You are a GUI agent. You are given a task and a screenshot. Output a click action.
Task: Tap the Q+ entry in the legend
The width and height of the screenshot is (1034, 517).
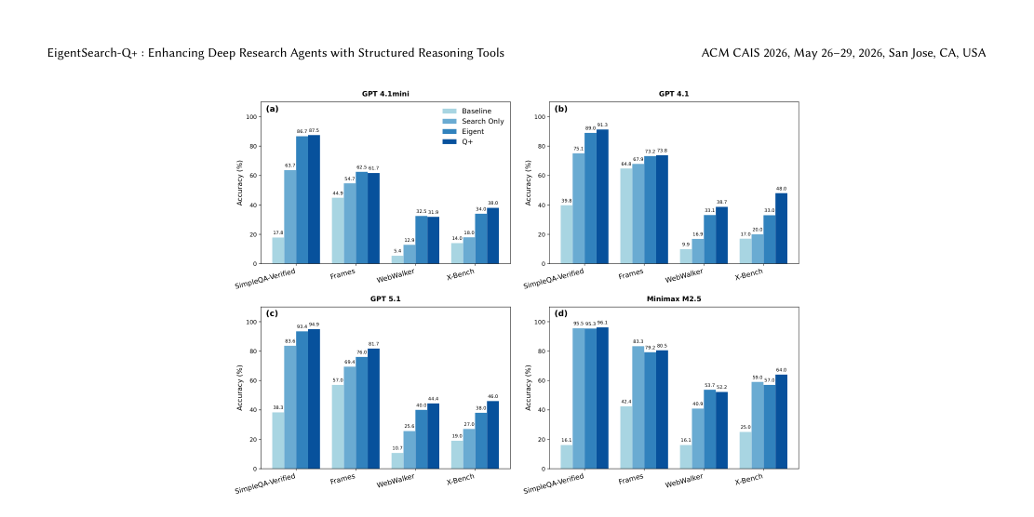[468, 141]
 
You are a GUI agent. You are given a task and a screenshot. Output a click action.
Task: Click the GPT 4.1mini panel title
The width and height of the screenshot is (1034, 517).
[387, 94]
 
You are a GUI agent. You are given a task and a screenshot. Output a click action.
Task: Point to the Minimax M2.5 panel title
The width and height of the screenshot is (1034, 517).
[674, 298]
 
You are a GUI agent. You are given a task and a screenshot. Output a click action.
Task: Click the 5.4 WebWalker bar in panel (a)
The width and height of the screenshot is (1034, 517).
[397, 259]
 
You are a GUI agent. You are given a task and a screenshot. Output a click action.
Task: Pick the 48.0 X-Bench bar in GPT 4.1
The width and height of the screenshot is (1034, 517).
[781, 228]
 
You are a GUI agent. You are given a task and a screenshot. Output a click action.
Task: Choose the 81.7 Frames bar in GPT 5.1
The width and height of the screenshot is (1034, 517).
[373, 408]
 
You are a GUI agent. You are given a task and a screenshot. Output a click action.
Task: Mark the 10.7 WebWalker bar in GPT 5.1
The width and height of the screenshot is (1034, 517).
[397, 460]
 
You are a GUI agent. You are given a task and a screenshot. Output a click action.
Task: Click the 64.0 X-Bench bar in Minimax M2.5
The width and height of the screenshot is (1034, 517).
[781, 421]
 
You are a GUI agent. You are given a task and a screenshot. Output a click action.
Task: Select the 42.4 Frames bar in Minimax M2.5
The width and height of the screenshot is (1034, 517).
[626, 437]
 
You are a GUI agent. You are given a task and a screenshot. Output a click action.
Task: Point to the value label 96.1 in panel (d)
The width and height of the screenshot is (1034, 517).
[603, 323]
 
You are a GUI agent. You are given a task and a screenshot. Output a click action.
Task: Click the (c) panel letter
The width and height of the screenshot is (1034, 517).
[273, 313]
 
